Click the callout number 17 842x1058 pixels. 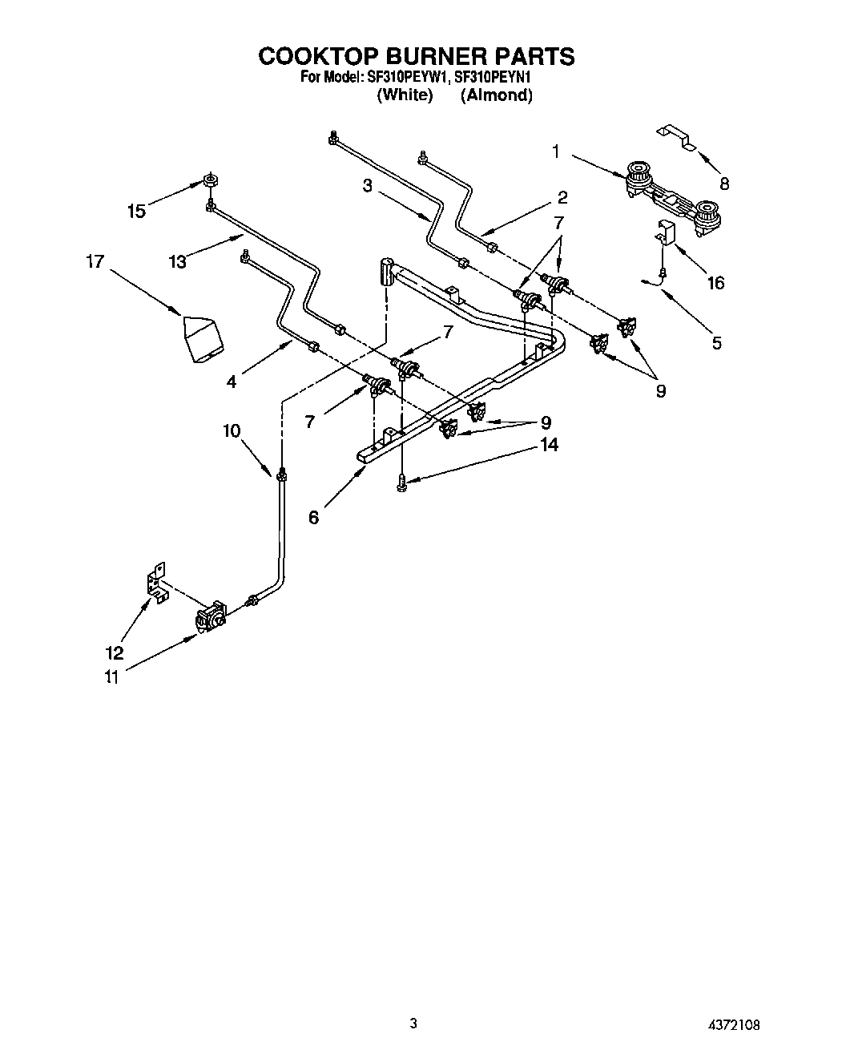[95, 261]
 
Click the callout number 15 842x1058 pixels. [137, 212]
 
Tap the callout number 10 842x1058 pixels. [232, 430]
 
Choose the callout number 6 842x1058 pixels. [313, 518]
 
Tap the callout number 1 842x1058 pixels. [555, 151]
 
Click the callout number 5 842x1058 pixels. [716, 343]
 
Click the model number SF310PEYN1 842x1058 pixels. [493, 78]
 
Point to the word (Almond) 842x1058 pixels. [496, 95]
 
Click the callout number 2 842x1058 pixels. [562, 197]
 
